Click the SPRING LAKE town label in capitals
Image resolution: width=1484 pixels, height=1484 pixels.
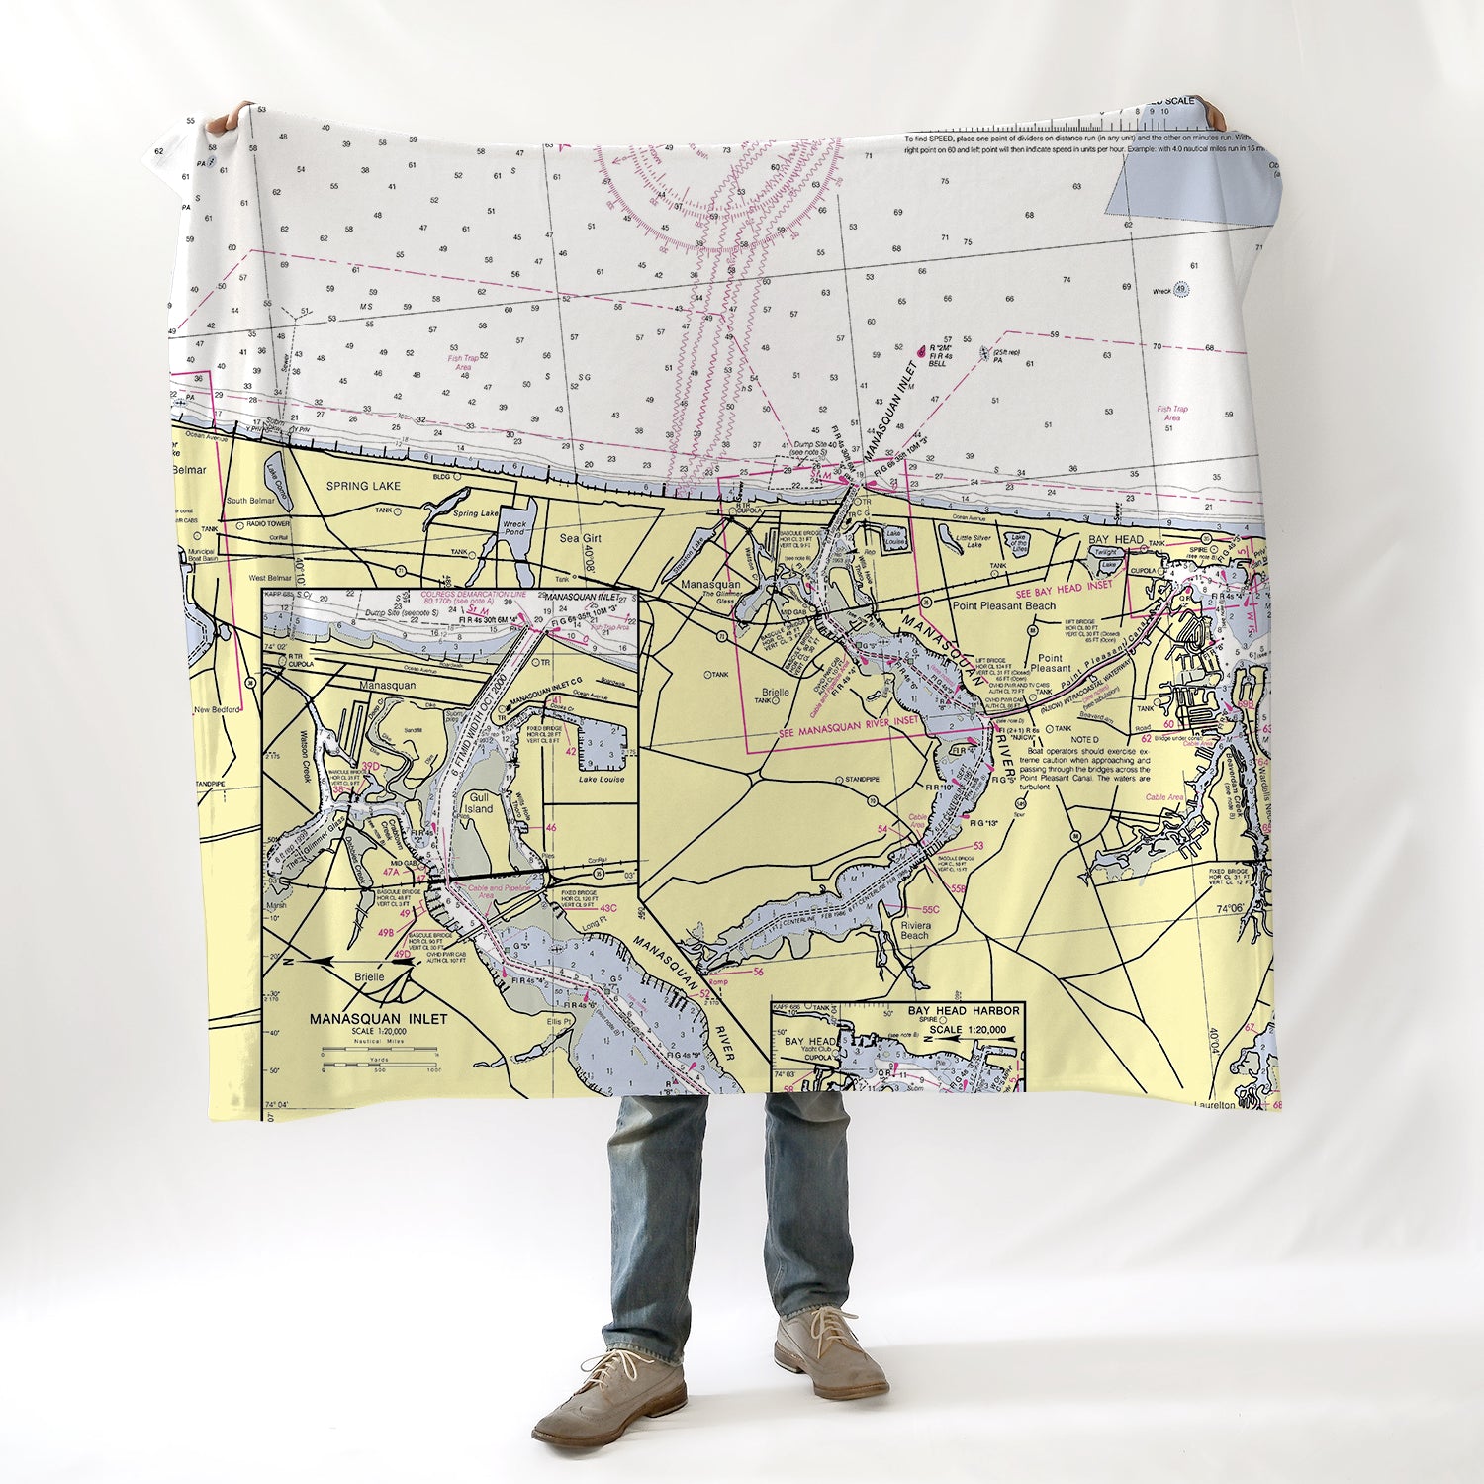point(365,486)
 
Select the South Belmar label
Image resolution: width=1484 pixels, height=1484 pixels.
point(249,501)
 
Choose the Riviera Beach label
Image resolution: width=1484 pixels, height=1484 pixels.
point(914,930)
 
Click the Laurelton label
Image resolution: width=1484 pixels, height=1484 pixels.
point(1215,1104)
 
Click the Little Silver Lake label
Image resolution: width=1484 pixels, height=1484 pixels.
point(964,539)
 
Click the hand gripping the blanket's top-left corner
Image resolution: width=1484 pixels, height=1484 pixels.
point(230,116)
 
